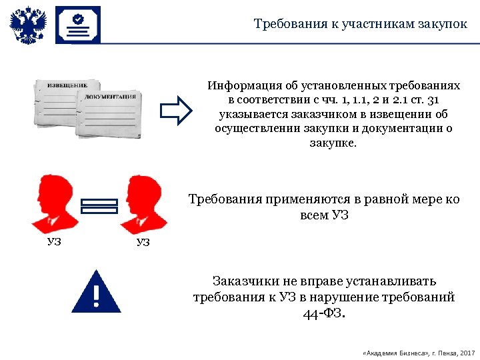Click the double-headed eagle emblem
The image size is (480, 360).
[x=28, y=26]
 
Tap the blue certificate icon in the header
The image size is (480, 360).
[x=77, y=25]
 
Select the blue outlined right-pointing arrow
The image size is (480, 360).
[x=177, y=111]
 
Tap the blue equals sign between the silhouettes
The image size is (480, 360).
[x=99, y=207]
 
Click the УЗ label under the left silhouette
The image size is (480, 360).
[x=54, y=241]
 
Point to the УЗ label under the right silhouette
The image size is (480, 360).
[x=143, y=242]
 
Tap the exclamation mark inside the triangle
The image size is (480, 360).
[x=96, y=296]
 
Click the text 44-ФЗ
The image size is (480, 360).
[x=324, y=313]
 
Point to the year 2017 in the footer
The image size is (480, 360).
[x=467, y=352]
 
